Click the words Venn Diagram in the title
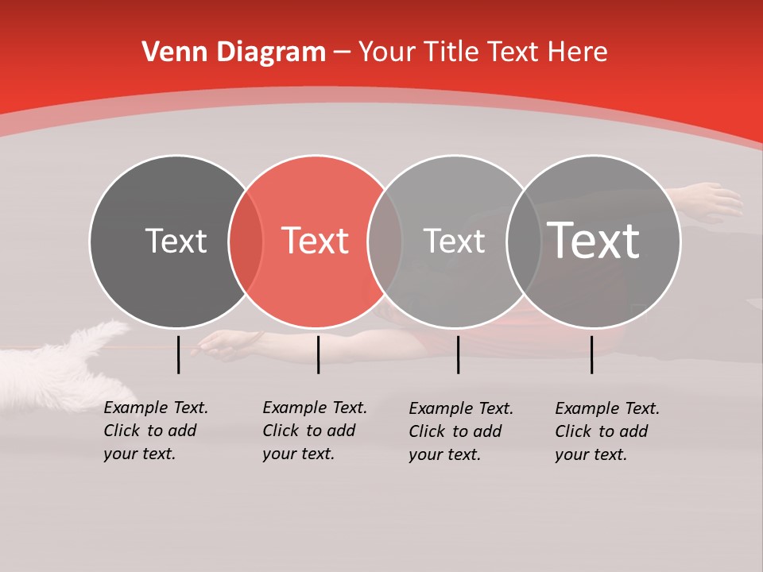tap(234, 52)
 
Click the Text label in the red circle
tap(316, 241)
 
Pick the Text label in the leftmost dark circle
tap(176, 241)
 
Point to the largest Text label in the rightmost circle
tap(594, 240)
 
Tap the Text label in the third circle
tap(454, 241)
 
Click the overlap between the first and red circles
tap(246, 241)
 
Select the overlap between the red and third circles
tap(385, 241)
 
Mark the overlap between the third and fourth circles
tap(524, 241)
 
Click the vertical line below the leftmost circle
tap(178, 354)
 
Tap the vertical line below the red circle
tap(318, 354)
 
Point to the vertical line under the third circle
tap(458, 354)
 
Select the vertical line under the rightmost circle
tap(591, 354)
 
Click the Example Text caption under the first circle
tap(155, 431)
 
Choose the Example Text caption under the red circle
tap(314, 431)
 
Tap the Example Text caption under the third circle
tap(460, 431)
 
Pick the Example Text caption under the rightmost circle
tap(606, 431)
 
